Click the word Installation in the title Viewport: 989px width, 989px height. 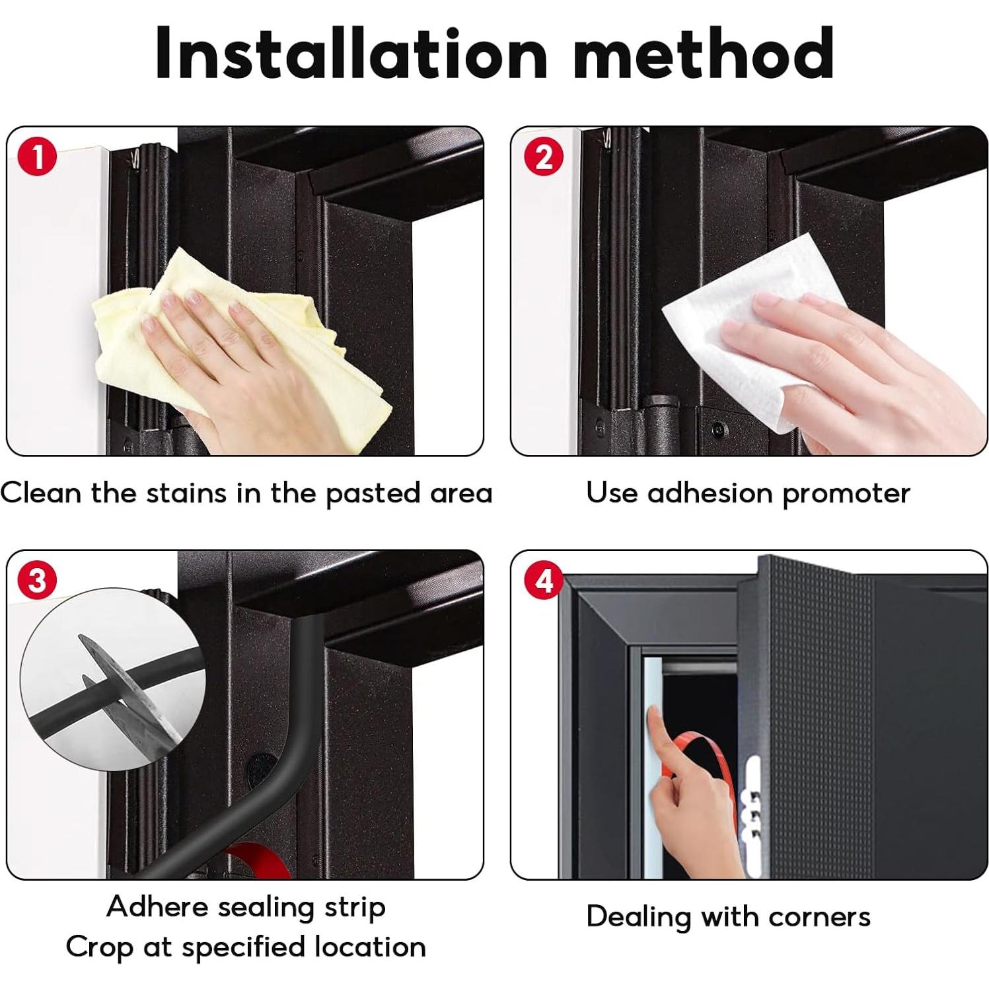point(351,54)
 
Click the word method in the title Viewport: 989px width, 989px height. point(704,54)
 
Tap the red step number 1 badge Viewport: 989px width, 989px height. point(38,158)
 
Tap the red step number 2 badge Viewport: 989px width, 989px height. point(544,158)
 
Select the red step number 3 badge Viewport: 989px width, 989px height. point(38,581)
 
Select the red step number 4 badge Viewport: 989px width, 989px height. point(544,581)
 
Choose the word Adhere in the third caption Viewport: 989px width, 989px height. point(157,906)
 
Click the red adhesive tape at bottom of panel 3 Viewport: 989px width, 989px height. point(254,861)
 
